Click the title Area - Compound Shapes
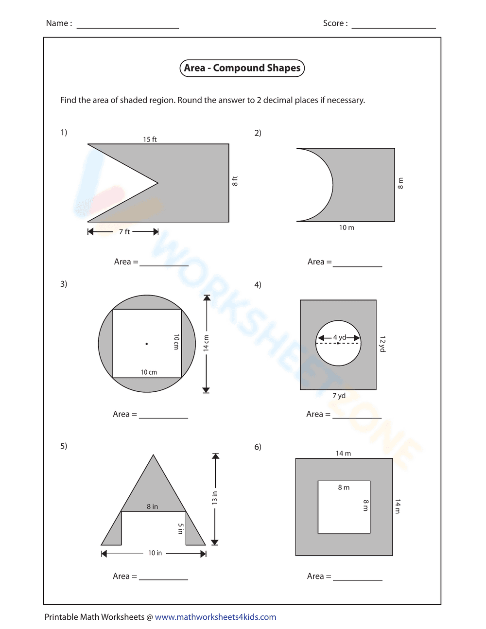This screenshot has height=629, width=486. tap(242, 68)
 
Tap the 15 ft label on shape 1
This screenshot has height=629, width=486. tap(150, 140)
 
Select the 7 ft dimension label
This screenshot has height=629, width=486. tap(124, 232)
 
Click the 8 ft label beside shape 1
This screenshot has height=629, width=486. tap(235, 181)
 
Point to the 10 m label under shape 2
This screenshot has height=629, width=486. tap(347, 227)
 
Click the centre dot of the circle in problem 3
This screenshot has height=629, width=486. tap(147, 344)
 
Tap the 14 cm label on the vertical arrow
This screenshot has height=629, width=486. tap(207, 343)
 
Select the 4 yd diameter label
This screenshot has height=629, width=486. tap(339, 337)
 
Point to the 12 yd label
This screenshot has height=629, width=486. tap(382, 344)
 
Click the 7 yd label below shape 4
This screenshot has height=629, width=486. tap(339, 396)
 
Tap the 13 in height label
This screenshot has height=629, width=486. tap(215, 498)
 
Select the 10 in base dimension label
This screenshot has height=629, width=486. tap(155, 553)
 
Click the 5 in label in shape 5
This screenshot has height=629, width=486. tap(181, 529)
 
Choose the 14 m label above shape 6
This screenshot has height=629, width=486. tap(343, 454)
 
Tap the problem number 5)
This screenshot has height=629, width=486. tap(64, 446)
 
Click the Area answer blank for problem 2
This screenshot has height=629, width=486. tap(357, 263)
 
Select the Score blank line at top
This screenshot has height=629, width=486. tap(393, 24)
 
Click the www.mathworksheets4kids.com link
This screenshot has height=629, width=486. tap(215, 617)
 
